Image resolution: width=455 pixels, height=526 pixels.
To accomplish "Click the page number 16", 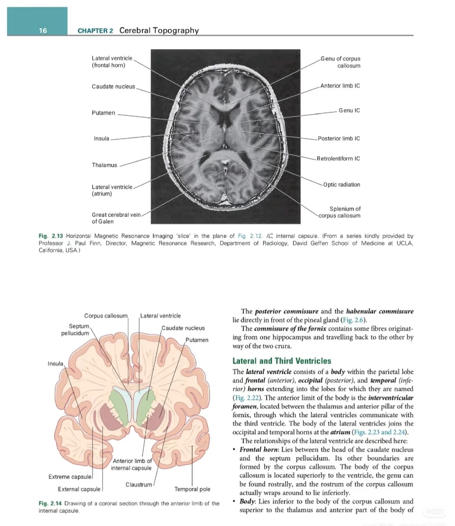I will point(43,30).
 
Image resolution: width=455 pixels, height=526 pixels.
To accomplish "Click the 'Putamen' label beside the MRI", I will point(103,113).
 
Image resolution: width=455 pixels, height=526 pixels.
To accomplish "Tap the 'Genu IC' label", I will point(349,111).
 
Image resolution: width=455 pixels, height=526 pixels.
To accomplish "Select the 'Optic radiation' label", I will point(342,185).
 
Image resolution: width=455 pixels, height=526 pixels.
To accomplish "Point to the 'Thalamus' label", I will point(104,165).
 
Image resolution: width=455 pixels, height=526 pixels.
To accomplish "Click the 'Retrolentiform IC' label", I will point(338,159).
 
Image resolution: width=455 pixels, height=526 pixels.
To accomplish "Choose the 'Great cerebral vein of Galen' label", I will point(116,218).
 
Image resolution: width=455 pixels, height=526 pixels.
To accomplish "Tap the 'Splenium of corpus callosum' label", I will point(340,212).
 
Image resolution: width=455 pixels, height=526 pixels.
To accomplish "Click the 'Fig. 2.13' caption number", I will point(51,236).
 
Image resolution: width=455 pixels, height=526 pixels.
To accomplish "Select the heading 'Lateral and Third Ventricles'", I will point(282,361).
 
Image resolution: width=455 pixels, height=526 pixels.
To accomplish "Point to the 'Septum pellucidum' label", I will point(75,330).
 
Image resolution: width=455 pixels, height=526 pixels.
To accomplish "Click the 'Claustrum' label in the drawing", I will point(139,485).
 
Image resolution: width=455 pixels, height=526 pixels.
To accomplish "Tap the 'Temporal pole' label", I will point(192,489).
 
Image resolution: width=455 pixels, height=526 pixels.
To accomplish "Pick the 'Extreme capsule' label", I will point(70,477).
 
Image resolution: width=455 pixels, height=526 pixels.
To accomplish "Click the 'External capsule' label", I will point(79,489).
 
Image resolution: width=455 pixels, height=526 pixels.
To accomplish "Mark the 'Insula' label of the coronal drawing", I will point(55,364).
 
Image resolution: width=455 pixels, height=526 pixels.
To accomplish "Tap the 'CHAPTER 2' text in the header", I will point(95,31).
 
